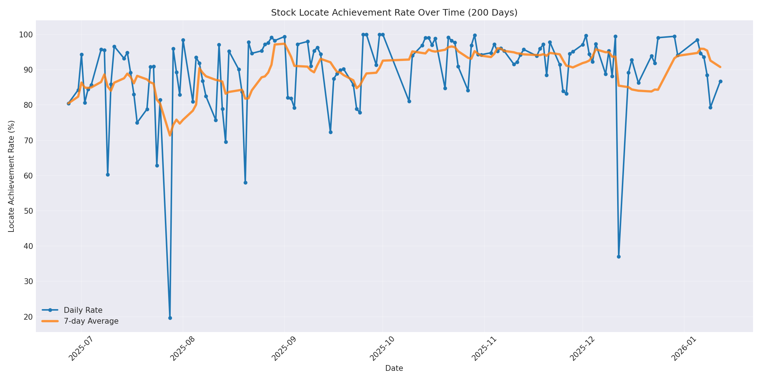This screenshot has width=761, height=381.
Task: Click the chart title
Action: point(394,13)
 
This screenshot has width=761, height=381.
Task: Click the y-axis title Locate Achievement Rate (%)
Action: point(11,176)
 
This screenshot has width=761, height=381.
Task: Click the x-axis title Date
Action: point(394,368)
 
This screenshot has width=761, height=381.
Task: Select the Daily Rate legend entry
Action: point(83,310)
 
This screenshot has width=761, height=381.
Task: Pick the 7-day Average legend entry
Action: point(91,321)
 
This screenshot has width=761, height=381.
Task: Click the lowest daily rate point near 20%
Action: point(170,318)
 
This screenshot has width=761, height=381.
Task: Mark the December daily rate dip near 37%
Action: point(619,257)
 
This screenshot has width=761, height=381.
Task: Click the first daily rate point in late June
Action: point(68,103)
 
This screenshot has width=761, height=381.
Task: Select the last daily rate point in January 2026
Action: point(720,81)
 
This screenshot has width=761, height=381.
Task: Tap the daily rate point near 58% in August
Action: point(245,183)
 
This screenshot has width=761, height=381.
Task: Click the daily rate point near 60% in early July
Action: point(108,175)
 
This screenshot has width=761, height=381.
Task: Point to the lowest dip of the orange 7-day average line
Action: point(170,135)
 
